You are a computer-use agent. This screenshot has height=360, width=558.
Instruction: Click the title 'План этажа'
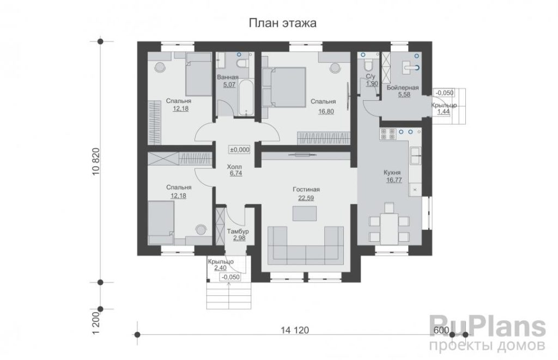pos(282,23)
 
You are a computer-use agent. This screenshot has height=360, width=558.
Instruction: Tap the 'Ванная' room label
pos(228,77)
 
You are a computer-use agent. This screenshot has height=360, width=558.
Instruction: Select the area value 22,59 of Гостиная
pos(306,198)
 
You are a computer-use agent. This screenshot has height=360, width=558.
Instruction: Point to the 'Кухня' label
pos(393,173)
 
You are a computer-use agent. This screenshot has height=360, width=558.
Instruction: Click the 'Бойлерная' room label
pos(403,88)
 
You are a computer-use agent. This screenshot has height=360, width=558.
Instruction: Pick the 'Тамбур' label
pos(238,231)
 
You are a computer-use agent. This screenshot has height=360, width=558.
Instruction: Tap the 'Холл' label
pos(234,167)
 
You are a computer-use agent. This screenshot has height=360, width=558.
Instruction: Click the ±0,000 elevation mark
pos(240,150)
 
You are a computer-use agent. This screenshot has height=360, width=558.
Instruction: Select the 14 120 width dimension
pos(295,330)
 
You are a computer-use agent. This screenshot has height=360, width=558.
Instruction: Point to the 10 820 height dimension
pos(96,162)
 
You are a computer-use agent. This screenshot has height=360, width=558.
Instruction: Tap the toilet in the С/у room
pos(368,65)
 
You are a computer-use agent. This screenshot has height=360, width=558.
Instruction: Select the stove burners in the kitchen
pos(388,134)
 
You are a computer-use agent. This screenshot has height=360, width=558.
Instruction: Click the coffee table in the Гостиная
pos(304,213)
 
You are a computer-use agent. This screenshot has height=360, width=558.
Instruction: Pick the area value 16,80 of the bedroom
pos(326,112)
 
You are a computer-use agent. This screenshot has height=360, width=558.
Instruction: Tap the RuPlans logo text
pos(488,327)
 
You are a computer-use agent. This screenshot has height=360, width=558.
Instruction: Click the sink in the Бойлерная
pos(411,67)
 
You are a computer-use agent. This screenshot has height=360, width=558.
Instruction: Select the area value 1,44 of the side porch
pos(444,112)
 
